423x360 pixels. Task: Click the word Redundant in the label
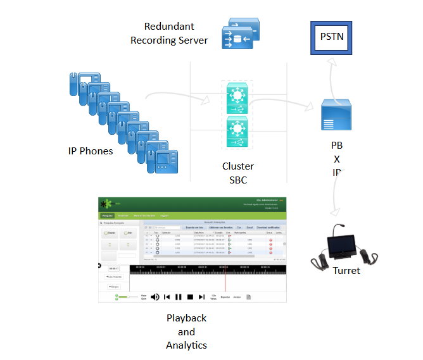[169, 27]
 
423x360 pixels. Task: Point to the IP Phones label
[91, 151]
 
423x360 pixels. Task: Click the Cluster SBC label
[238, 173]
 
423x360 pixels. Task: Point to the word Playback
[186, 318]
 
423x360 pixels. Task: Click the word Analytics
[186, 345]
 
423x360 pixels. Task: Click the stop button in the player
[189, 297]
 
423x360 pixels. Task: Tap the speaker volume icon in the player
[155, 297]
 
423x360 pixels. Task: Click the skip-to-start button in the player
[167, 297]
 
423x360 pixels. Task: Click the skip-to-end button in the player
[201, 297]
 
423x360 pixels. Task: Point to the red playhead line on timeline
[225, 278]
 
